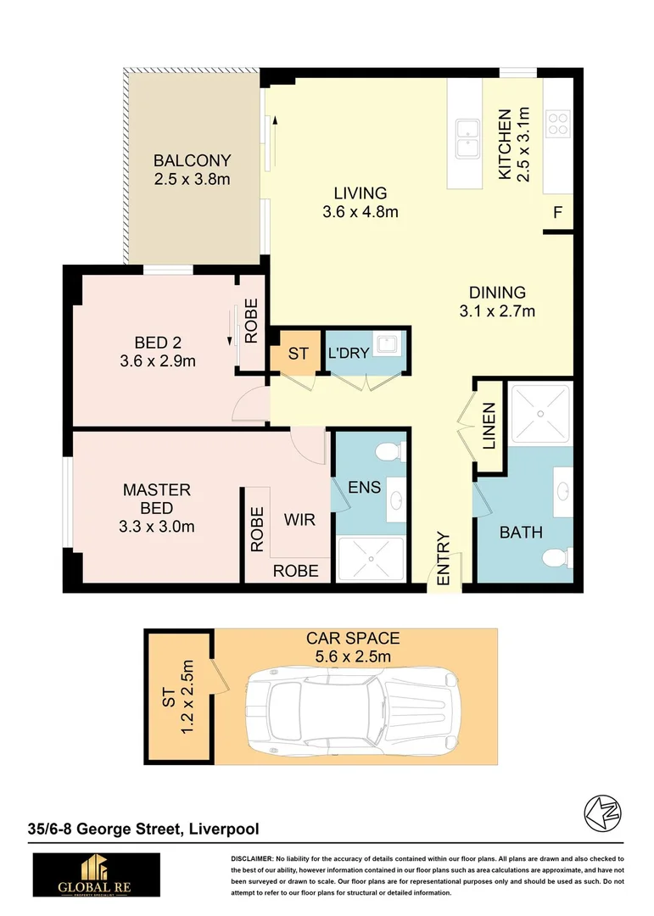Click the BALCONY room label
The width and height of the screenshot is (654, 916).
pyautogui.click(x=192, y=160)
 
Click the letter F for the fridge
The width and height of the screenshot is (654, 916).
pyautogui.click(x=557, y=213)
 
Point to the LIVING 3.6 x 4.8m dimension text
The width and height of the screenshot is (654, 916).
pyautogui.click(x=360, y=212)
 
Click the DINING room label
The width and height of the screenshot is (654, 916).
pyautogui.click(x=497, y=293)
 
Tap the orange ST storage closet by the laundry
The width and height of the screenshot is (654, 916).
pyautogui.click(x=298, y=353)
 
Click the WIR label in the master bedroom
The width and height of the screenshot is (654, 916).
pyautogui.click(x=299, y=519)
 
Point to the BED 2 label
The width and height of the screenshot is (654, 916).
pyautogui.click(x=159, y=343)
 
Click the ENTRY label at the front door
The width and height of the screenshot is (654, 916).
pyautogui.click(x=443, y=559)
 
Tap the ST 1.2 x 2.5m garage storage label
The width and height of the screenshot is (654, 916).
pyautogui.click(x=180, y=698)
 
